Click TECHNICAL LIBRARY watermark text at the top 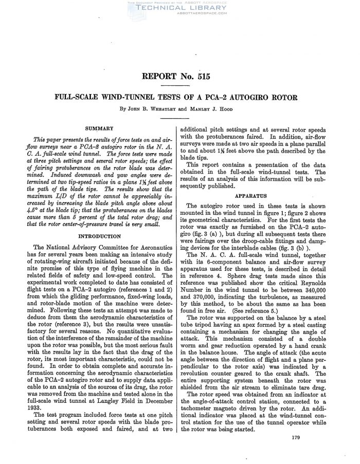[180, 8]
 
